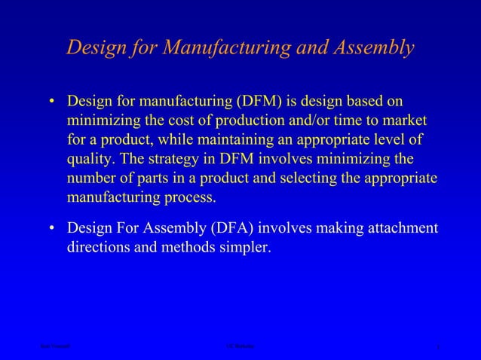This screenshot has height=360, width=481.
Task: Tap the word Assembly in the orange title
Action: pyautogui.click(x=369, y=47)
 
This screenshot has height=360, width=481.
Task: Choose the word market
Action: pyautogui.click(x=405, y=121)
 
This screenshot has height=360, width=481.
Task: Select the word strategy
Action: pyautogui.click(x=176, y=160)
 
